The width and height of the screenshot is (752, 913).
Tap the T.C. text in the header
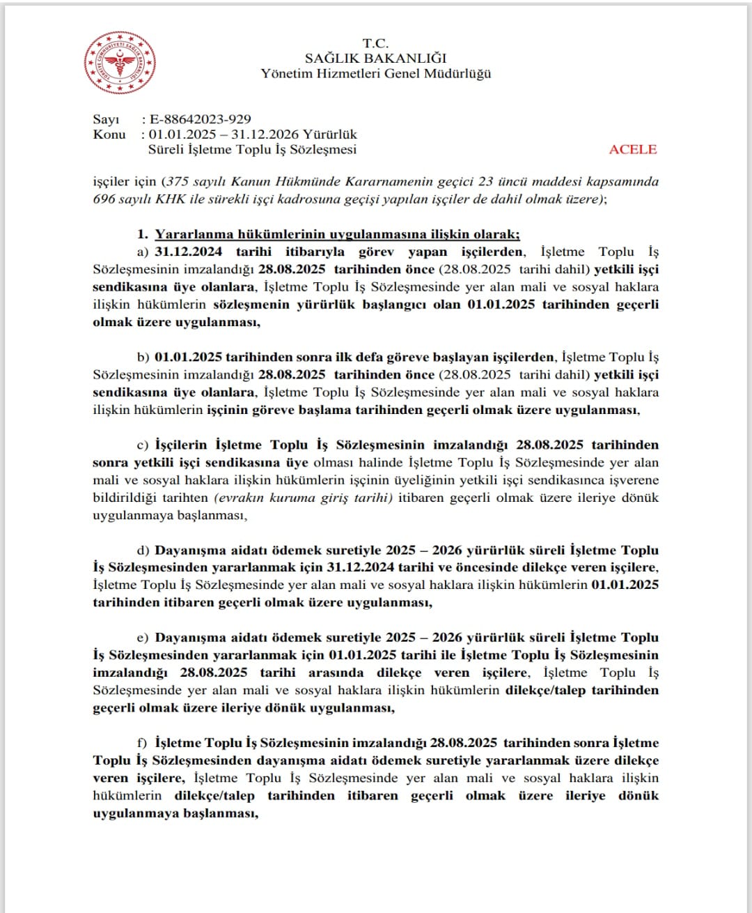(375, 43)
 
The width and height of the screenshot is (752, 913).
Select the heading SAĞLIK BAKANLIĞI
(375, 59)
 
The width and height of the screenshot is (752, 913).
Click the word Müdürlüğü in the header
(457, 74)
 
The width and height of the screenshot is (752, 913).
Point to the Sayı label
(106, 120)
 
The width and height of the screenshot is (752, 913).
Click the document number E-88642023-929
(201, 120)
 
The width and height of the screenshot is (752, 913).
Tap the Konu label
(109, 135)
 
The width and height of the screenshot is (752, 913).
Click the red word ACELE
(632, 149)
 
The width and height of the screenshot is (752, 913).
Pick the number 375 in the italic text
(180, 182)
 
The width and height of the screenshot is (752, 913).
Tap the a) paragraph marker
(143, 252)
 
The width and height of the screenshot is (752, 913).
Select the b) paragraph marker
(143, 358)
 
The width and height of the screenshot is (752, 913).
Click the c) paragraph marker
(143, 445)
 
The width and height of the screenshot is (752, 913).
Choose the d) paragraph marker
(143, 551)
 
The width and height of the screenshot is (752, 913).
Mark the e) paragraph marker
(143, 638)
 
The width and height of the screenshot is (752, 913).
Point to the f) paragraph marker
(143, 743)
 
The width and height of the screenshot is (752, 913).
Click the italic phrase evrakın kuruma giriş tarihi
(303, 498)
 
